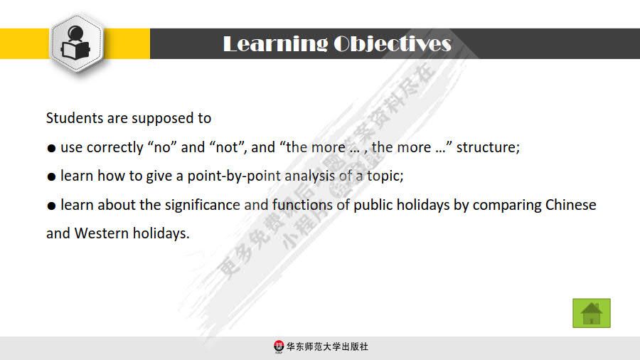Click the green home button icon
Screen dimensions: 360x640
tap(592, 313)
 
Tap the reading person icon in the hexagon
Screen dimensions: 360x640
tap(76, 43)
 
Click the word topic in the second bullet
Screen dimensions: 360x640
tap(385, 176)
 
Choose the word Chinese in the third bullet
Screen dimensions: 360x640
tap(570, 206)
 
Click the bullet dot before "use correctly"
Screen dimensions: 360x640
tap(51, 149)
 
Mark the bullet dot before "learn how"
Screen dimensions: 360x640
tap(51, 176)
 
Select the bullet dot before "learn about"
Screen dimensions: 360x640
tap(51, 206)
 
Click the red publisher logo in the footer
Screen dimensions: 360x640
tap(279, 346)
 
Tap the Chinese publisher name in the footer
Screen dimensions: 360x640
tap(327, 346)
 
